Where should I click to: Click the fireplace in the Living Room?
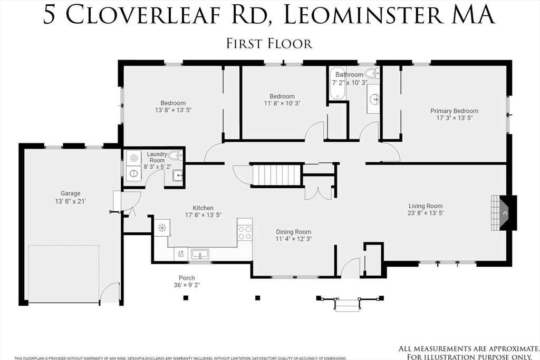(504, 213)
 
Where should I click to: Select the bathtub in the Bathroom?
(337, 84)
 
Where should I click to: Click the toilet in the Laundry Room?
(175, 155)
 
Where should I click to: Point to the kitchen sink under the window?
(200, 255)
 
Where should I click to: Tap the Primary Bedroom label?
(454, 111)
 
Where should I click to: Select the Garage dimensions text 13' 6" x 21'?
(70, 201)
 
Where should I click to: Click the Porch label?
(187, 278)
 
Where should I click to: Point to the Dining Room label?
(293, 232)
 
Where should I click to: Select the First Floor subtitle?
(269, 44)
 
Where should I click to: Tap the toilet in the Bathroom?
(372, 73)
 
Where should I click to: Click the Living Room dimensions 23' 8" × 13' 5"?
(426, 213)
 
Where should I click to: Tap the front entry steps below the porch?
(347, 305)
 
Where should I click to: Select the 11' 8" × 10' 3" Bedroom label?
(282, 100)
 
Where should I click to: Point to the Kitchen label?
(203, 208)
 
